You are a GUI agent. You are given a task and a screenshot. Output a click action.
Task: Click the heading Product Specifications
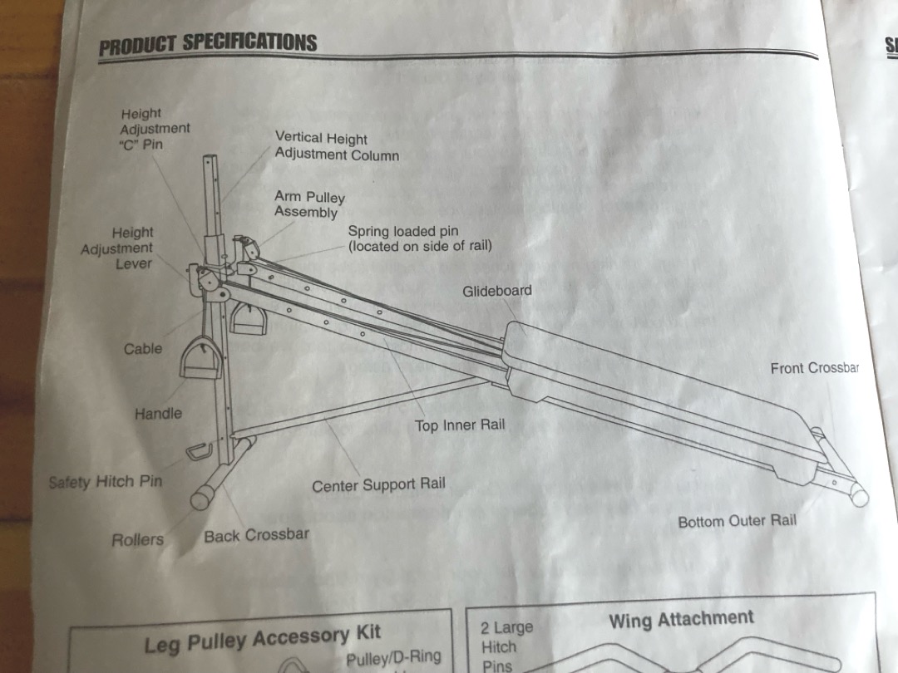pos(208,43)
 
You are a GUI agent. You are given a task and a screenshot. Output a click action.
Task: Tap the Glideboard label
pos(497,291)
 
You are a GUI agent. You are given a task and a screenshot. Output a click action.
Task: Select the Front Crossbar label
pos(814,367)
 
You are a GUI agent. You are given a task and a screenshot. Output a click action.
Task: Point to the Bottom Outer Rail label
pos(737,522)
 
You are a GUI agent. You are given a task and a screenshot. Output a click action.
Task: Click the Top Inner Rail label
pos(460,425)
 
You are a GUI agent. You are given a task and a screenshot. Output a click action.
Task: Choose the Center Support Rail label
pos(378,485)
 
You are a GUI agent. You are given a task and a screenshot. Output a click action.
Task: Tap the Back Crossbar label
pos(256,536)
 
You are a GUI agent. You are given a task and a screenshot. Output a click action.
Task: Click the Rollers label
pos(138,540)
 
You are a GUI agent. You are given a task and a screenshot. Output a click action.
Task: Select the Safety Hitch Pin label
pos(106,482)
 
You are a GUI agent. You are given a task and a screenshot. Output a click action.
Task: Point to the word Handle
pos(158,413)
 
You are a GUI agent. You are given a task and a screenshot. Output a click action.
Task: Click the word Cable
pos(143,349)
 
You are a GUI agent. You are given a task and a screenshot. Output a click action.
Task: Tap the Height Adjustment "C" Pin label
pos(155,129)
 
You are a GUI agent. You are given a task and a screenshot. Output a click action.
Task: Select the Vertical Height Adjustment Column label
pos(337,147)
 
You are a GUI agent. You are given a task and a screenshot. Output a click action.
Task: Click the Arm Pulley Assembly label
pos(309,204)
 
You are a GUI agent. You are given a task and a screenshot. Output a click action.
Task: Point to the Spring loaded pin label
pos(419,238)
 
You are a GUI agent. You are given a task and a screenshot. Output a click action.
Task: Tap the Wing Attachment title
pos(680,620)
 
